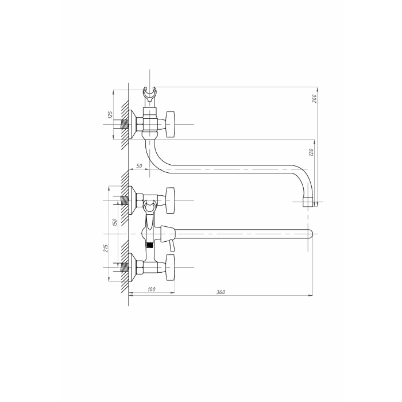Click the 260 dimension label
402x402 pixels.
pyautogui.click(x=314, y=98)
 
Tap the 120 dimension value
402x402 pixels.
pyautogui.click(x=311, y=152)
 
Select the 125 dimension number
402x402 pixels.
pyautogui.click(x=110, y=115)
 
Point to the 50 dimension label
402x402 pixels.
pyautogui.click(x=139, y=166)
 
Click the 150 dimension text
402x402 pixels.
pyautogui.click(x=115, y=222)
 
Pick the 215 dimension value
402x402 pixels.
pyautogui.click(x=106, y=248)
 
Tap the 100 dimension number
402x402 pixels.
pyautogui.click(x=152, y=289)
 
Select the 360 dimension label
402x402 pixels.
pyautogui.click(x=221, y=292)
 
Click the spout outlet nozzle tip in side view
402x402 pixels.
pyautogui.click(x=308, y=202)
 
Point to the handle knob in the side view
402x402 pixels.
pyautogui.click(x=171, y=125)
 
